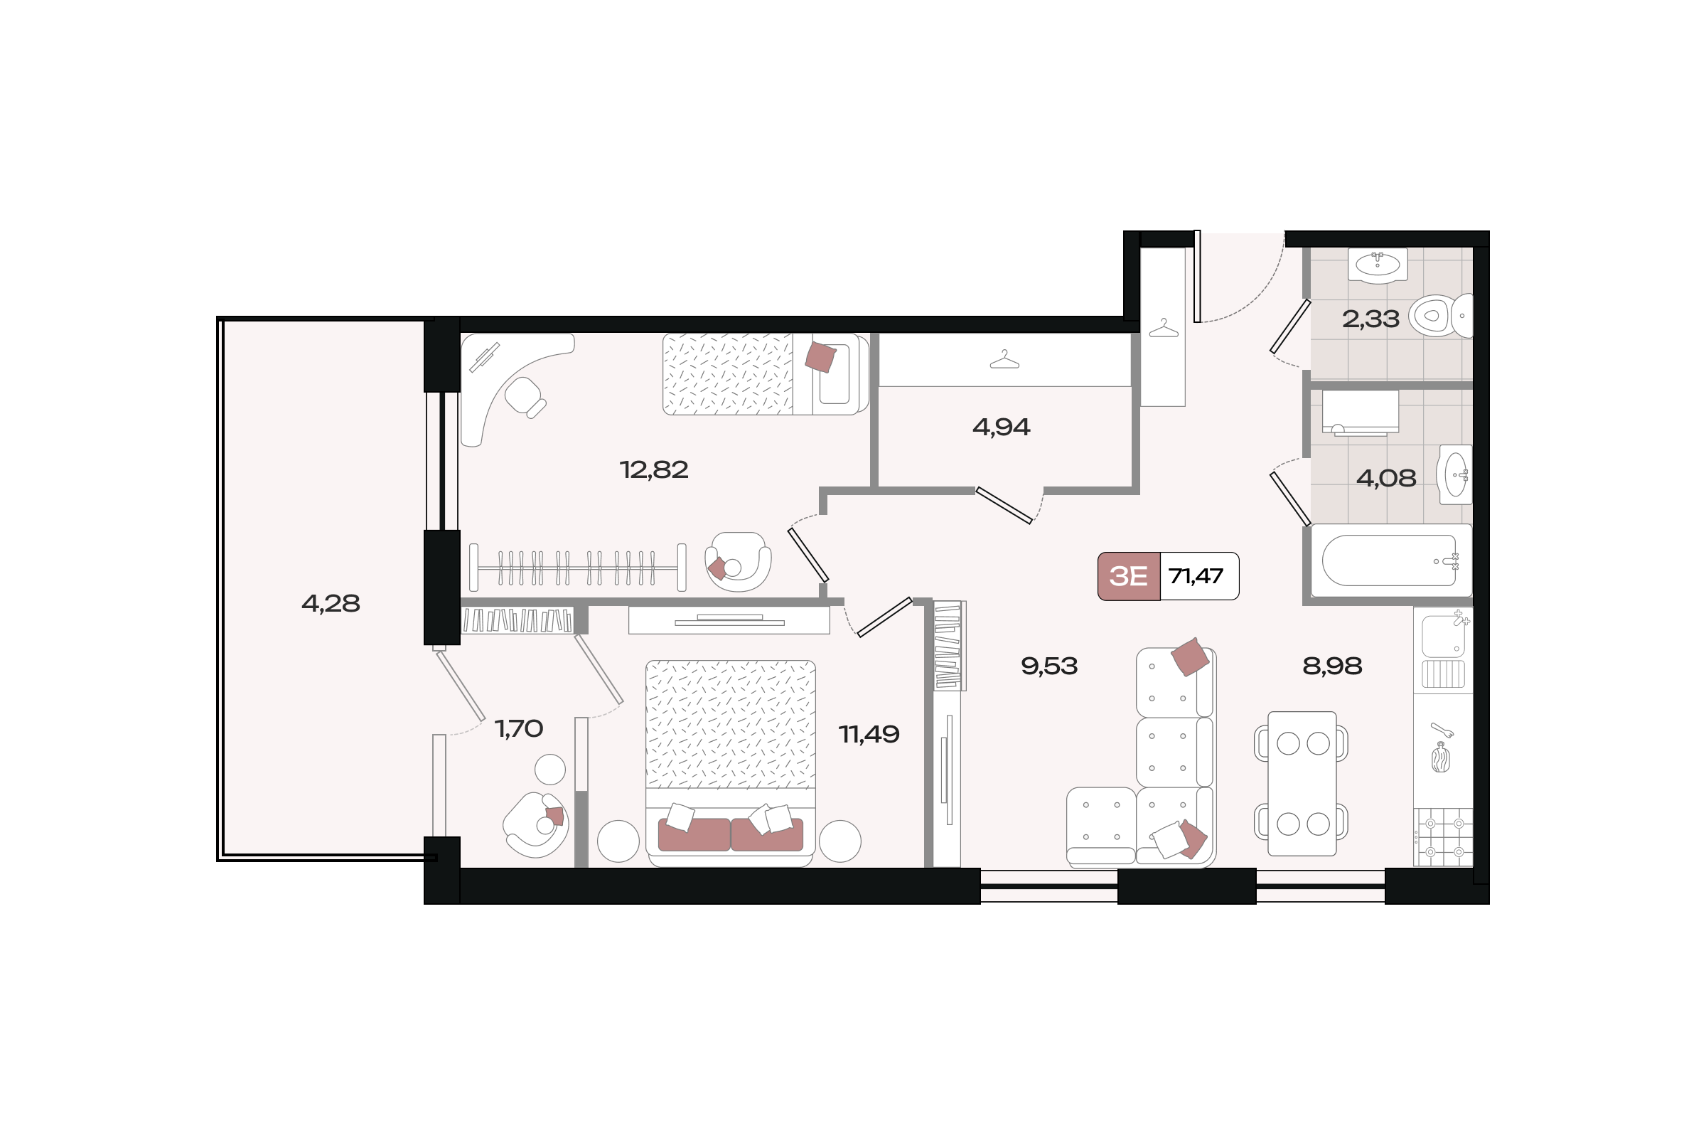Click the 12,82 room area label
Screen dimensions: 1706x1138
(653, 470)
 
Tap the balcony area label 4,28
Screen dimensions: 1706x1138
(331, 603)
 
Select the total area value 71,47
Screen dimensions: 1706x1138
(1196, 576)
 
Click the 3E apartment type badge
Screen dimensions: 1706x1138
(1129, 576)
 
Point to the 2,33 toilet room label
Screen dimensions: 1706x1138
(1370, 319)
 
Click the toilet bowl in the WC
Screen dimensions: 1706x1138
(1441, 317)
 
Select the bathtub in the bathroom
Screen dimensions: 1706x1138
(1390, 560)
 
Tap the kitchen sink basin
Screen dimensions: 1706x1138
(1443, 636)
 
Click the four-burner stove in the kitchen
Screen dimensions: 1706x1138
(1444, 837)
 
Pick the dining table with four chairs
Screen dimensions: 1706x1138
(1302, 784)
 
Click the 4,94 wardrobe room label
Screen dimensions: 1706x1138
(1001, 427)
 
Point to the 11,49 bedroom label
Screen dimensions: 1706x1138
(869, 735)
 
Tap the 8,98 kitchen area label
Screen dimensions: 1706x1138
(1332, 666)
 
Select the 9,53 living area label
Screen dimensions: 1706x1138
(1049, 666)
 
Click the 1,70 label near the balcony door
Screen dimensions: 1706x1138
(519, 728)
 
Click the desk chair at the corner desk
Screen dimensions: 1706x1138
(525, 397)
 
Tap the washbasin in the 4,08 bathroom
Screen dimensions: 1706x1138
(1455, 474)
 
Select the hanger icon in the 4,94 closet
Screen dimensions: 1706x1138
(1004, 359)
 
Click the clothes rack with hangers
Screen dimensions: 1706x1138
(577, 568)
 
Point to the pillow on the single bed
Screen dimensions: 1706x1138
(820, 356)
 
